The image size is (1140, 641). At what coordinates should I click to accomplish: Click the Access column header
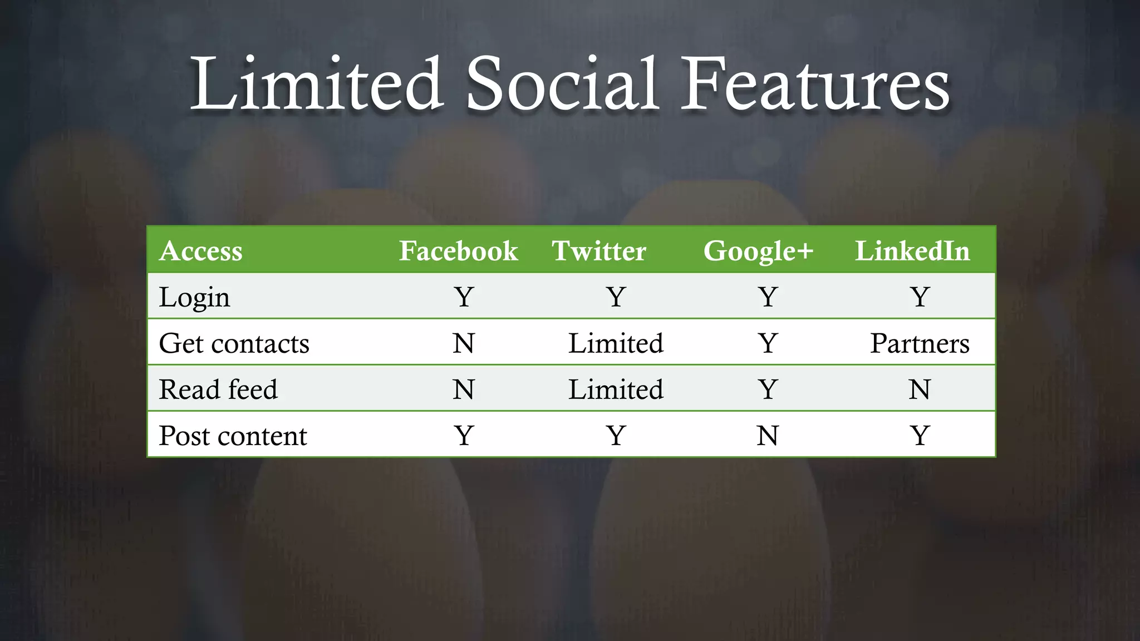pos(201,250)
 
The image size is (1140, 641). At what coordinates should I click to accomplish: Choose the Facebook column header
pos(458,250)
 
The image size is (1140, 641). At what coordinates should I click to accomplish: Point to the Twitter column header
pos(599,250)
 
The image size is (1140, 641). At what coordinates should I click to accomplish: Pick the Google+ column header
pos(758,250)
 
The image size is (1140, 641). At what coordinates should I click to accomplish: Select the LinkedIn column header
pos(912,250)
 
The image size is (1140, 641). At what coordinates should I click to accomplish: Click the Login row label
pos(194,297)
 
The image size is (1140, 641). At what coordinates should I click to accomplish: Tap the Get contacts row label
pos(234,343)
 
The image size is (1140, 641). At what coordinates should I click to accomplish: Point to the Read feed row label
pos(218,389)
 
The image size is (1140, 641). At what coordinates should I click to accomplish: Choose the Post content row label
pos(233,436)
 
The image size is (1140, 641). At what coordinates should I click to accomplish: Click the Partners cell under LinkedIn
pos(920,343)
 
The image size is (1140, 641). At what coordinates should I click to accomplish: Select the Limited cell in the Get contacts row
pos(616,343)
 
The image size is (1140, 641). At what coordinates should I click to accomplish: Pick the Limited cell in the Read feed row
pos(616,389)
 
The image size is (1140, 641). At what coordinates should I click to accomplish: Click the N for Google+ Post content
pos(768,436)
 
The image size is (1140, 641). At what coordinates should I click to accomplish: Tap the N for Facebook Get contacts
pos(464,343)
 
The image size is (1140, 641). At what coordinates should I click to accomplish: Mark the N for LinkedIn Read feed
pos(920,389)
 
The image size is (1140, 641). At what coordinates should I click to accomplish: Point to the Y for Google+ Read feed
pos(768,389)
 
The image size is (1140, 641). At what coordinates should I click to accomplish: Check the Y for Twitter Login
pos(616,297)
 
